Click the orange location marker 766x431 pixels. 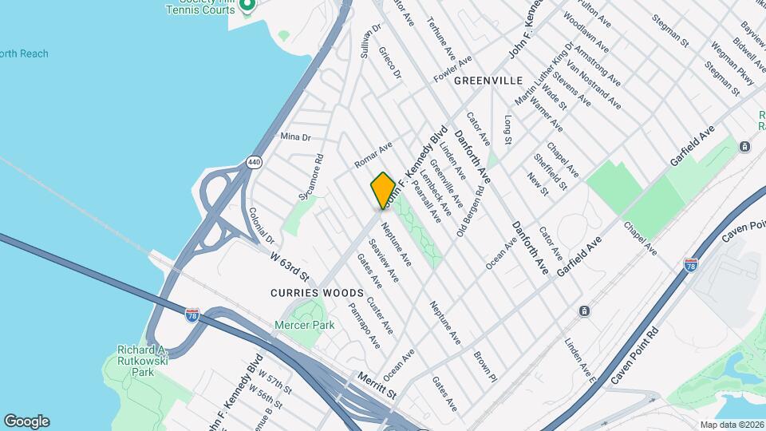(x=383, y=191)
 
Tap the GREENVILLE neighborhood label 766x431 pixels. (x=488, y=81)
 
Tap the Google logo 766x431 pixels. (x=26, y=421)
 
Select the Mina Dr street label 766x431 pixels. (x=294, y=137)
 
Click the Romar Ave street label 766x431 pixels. (x=374, y=155)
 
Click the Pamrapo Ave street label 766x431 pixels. (x=365, y=325)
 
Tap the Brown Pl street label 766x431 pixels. (x=485, y=366)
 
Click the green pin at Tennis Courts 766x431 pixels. (x=247, y=6)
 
